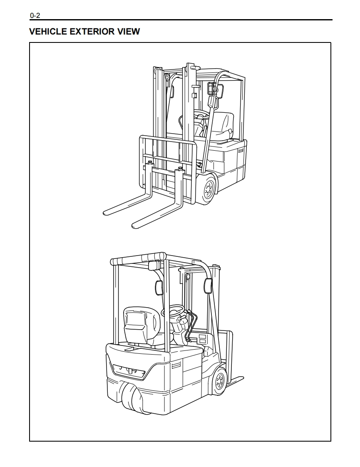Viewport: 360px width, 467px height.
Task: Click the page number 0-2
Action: point(35,16)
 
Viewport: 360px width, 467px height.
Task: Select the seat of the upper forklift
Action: point(225,125)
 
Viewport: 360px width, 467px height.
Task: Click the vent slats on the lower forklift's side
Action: point(175,365)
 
